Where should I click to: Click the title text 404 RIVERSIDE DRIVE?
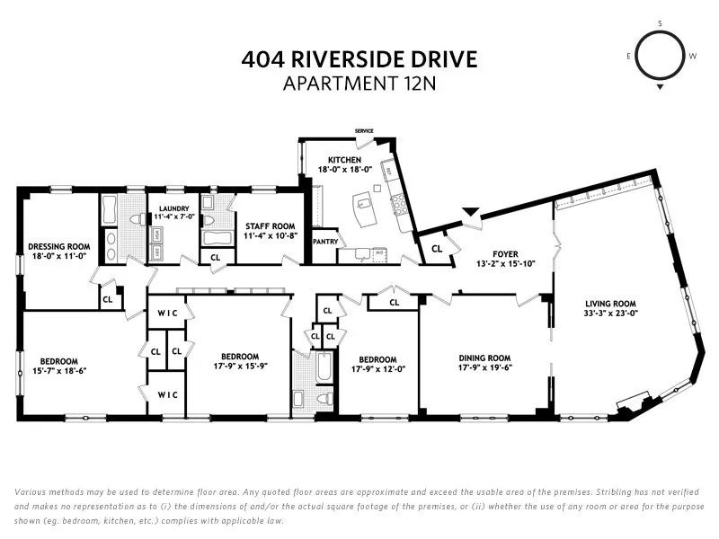(x=359, y=60)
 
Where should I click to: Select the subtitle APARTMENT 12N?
(x=359, y=84)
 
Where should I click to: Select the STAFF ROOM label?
(x=264, y=225)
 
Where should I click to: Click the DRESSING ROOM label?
(x=59, y=245)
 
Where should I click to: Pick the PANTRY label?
(x=324, y=242)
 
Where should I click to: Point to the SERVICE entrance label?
(x=364, y=131)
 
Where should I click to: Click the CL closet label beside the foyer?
(x=437, y=249)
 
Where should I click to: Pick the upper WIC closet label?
(x=167, y=312)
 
